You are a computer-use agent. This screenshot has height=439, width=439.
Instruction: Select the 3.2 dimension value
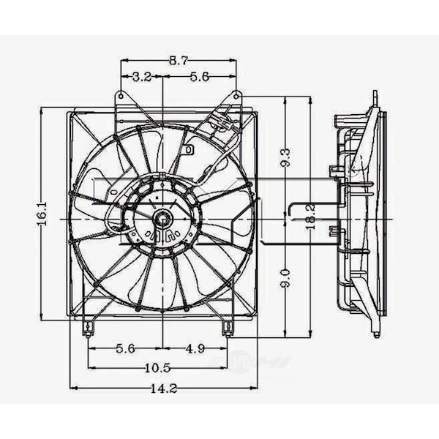(x=142, y=77)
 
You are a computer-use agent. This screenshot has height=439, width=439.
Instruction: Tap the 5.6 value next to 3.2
(x=200, y=77)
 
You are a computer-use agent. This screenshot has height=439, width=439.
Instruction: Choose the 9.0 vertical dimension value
(x=285, y=277)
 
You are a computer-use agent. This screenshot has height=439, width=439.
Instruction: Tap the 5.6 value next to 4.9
(x=125, y=349)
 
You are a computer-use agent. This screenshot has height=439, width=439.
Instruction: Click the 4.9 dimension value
(x=195, y=349)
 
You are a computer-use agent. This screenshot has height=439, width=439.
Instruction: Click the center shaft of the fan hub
(x=161, y=217)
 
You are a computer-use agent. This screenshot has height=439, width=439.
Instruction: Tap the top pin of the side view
(x=375, y=98)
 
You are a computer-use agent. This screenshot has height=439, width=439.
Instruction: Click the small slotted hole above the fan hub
(x=188, y=150)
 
